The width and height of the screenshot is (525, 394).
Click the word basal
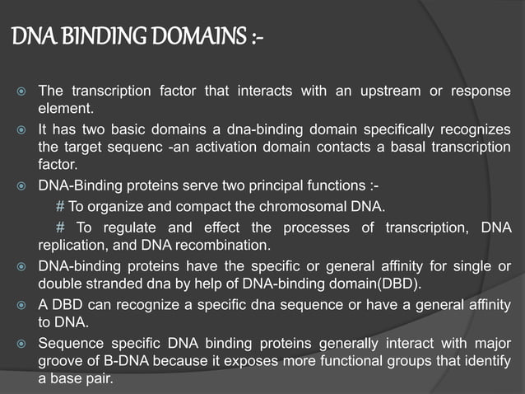[401, 147]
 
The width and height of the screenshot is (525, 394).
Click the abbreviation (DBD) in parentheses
[396, 285]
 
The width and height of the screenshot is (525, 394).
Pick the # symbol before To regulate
[60, 227]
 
